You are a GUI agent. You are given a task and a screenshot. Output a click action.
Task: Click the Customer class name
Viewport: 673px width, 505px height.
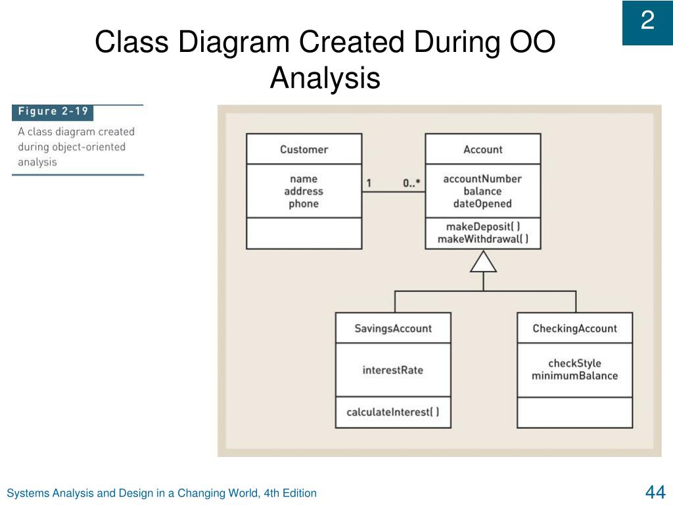coord(304,149)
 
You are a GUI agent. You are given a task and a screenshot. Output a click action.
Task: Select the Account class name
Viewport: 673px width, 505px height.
coord(482,149)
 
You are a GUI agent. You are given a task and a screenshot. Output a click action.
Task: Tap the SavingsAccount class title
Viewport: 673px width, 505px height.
coord(393,328)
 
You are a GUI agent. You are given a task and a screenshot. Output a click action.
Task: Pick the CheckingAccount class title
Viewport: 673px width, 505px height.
coord(574,328)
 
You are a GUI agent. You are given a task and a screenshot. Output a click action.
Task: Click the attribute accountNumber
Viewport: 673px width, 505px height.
coord(482,179)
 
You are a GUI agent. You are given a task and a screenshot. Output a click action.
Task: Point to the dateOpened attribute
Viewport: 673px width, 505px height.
coord(482,203)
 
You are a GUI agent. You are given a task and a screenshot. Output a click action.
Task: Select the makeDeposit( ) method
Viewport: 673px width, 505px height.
coord(482,227)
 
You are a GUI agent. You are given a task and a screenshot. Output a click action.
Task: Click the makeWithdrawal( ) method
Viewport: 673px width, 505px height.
coord(482,239)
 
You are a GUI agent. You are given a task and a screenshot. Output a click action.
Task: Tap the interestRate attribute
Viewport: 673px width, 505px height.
coord(393,370)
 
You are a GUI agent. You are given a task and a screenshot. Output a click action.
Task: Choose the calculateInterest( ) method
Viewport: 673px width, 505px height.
coord(393,412)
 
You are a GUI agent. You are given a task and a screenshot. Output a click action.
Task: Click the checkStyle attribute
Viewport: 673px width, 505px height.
coord(574,363)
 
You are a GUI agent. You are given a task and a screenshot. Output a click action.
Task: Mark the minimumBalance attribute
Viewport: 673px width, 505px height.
coord(574,375)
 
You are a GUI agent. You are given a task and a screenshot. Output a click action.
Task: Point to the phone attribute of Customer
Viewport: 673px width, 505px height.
coord(304,204)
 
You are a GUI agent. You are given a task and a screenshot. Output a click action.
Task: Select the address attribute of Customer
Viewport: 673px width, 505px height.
coord(304,191)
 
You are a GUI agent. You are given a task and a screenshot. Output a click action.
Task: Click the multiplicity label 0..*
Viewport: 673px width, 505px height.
coord(412,183)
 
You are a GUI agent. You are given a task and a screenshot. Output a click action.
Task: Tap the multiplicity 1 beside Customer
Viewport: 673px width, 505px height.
coord(369,183)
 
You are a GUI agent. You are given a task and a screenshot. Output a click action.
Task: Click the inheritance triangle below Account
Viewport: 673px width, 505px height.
coord(483,262)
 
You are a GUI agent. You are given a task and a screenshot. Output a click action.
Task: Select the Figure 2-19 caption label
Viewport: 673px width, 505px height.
coord(53,111)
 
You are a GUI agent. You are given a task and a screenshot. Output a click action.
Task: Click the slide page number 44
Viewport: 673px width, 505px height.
coord(655,492)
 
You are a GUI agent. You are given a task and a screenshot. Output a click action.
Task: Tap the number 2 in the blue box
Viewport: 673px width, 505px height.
coord(647,22)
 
